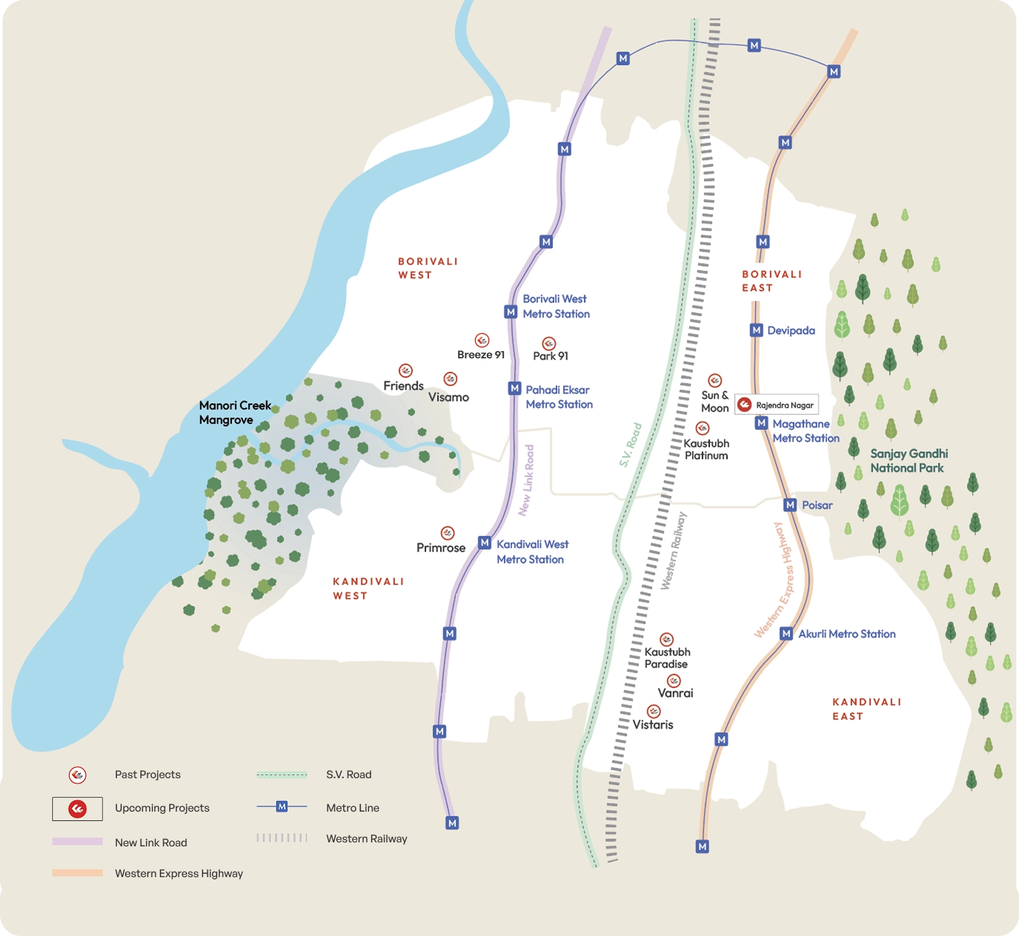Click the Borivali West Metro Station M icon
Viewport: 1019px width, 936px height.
click(x=511, y=312)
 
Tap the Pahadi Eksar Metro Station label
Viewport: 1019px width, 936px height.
click(x=559, y=397)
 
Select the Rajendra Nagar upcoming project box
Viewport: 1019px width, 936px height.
click(x=777, y=404)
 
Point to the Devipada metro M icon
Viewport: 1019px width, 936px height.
click(x=756, y=330)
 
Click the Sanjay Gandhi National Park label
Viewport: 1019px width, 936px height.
click(x=908, y=461)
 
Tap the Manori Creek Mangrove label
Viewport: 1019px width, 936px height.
click(x=235, y=413)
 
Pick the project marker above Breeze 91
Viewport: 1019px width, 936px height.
click(x=482, y=340)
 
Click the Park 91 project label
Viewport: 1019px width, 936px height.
click(x=550, y=356)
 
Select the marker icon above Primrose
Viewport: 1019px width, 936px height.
click(x=448, y=533)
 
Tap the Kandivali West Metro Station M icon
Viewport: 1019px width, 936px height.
click(x=485, y=543)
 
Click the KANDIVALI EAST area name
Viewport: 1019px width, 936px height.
click(x=867, y=709)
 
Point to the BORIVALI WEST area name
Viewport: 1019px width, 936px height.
click(x=428, y=268)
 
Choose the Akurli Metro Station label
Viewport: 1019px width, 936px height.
click(x=846, y=634)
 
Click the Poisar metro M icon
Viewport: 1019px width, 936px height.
click(x=790, y=505)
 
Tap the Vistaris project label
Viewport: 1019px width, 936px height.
click(x=653, y=725)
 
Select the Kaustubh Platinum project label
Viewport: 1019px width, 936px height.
click(x=706, y=449)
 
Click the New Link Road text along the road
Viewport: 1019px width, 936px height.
click(x=527, y=480)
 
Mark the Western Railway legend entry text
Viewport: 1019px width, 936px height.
click(x=366, y=838)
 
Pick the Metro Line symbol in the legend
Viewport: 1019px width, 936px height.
click(x=282, y=807)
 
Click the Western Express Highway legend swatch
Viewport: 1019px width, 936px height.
click(x=78, y=872)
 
